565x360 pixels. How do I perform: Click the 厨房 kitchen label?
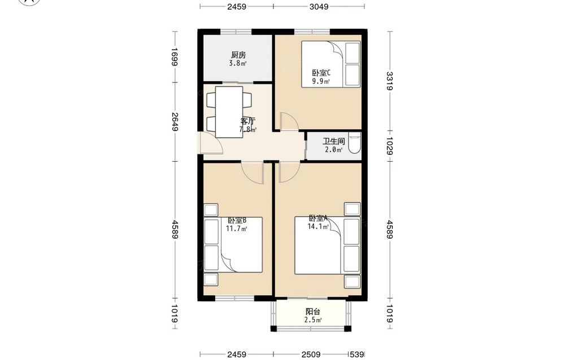point(238,55)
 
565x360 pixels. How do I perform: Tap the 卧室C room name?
point(321,73)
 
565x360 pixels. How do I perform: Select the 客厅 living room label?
point(248,121)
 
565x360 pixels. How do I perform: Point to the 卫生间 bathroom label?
point(334,141)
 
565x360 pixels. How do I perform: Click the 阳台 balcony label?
point(313,312)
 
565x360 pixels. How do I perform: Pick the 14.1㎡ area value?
point(318,227)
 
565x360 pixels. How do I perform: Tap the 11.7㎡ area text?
point(236,228)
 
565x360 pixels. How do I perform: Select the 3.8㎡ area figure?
point(238,63)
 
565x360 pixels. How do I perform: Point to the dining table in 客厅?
point(229,112)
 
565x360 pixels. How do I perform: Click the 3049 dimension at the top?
point(319,6)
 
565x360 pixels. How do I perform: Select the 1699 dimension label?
point(175,57)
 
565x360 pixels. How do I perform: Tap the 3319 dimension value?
point(390,81)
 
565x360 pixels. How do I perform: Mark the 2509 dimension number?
point(311,354)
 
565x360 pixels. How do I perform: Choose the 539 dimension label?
point(357,354)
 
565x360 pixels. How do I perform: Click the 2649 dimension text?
point(175,122)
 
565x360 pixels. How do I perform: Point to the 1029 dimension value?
point(390,146)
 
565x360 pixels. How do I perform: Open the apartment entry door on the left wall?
point(210,143)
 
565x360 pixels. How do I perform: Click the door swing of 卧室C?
point(289,122)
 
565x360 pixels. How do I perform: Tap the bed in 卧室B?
point(233,245)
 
